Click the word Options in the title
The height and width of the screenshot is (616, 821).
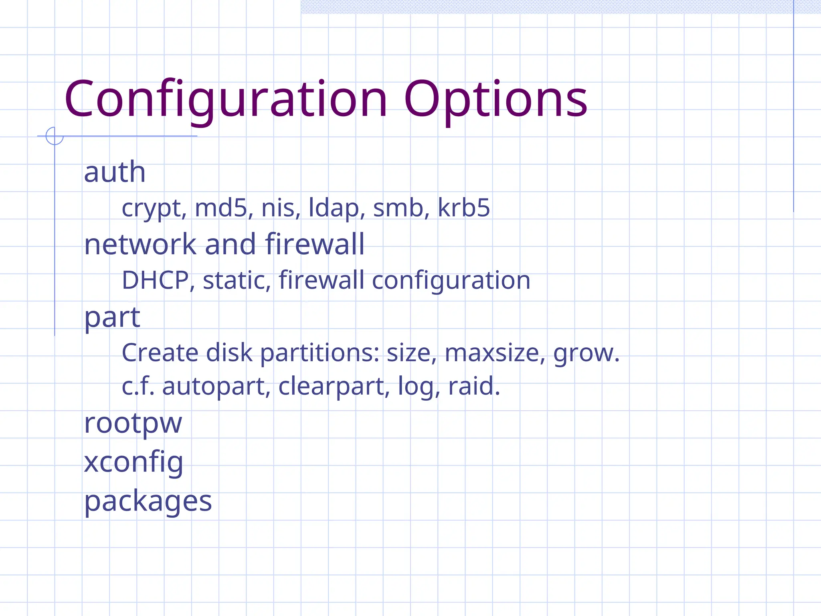pyautogui.click(x=495, y=99)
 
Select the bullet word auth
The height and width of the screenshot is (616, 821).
pyautogui.click(x=115, y=172)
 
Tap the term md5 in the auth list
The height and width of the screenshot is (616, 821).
pyautogui.click(x=221, y=208)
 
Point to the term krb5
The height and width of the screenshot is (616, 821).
pyautogui.click(x=463, y=208)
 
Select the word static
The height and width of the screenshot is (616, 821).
pyautogui.click(x=234, y=280)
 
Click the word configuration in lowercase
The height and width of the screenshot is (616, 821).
pyautogui.click(x=451, y=281)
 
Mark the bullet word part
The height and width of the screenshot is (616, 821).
pyautogui.click(x=112, y=318)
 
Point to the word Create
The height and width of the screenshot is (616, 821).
pyautogui.click(x=160, y=353)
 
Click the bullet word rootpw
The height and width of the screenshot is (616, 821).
pyautogui.click(x=133, y=423)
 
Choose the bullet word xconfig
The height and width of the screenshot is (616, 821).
pyautogui.click(x=133, y=462)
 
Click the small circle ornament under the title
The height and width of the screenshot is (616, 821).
pyautogui.click(x=55, y=136)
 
